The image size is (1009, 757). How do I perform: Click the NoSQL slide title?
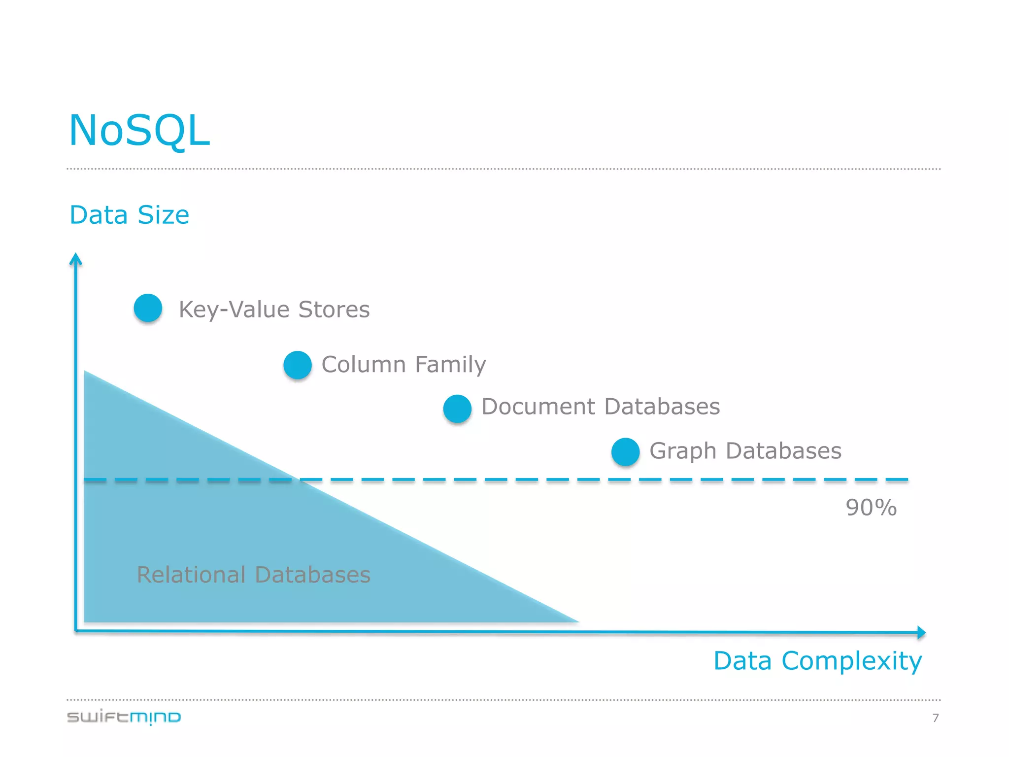tap(139, 130)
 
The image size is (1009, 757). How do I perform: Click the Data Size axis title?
tap(129, 215)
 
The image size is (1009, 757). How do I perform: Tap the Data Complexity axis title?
tap(817, 661)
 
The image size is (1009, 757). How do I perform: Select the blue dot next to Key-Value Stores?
tap(148, 308)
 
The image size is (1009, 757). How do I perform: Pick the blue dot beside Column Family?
tap(298, 365)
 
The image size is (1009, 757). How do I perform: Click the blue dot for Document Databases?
tap(457, 409)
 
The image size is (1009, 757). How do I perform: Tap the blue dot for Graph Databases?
tap(625, 452)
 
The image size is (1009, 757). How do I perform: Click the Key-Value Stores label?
tap(274, 310)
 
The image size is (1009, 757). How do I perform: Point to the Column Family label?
tap(404, 365)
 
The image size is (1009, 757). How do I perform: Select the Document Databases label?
tap(601, 407)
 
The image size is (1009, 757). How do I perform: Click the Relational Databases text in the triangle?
tap(253, 575)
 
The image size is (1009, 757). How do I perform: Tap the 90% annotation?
tap(871, 508)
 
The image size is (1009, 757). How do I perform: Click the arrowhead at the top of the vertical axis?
tap(75, 259)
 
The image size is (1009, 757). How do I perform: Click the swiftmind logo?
tap(124, 717)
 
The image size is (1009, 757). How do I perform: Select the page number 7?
tap(936, 718)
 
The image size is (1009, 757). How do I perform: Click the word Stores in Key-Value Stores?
tap(334, 310)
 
